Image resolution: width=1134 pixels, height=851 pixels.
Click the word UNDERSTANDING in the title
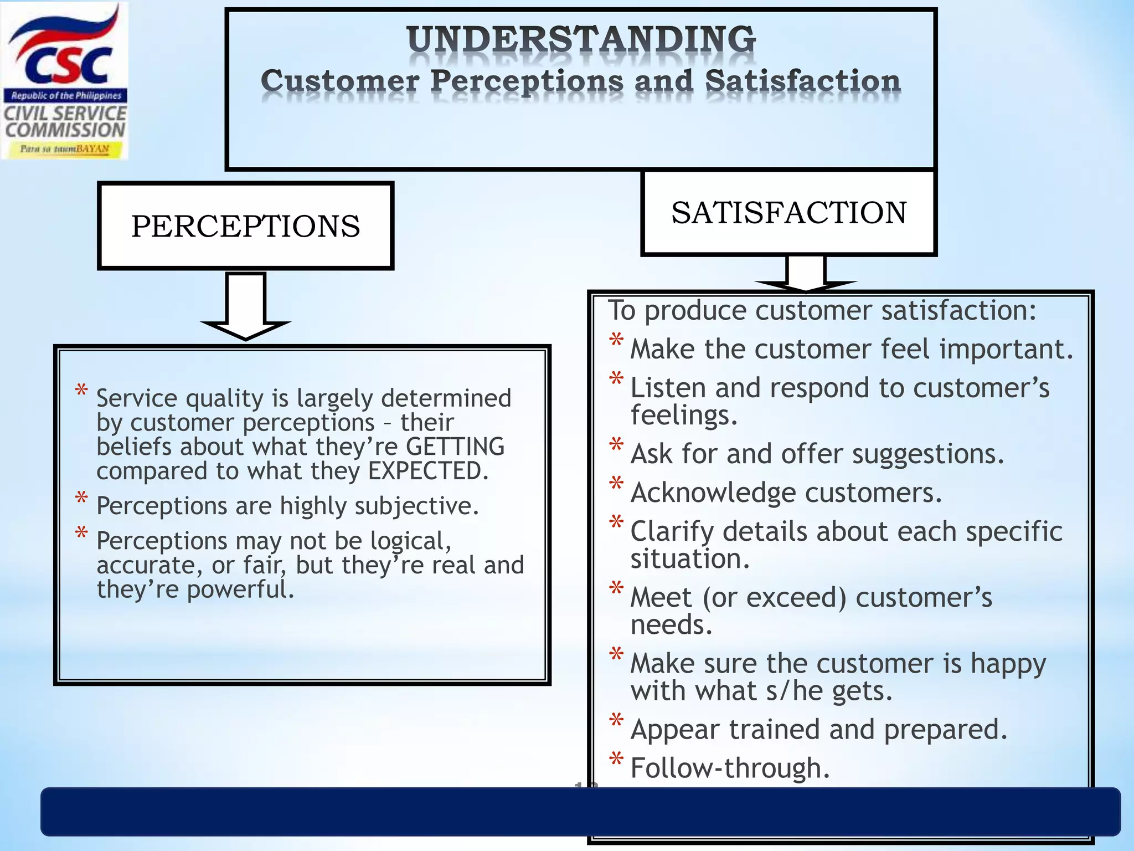tap(581, 40)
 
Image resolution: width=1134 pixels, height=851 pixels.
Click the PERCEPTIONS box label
tap(245, 226)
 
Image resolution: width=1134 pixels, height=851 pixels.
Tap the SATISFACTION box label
tap(788, 213)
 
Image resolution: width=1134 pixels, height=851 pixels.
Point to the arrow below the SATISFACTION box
tap(806, 274)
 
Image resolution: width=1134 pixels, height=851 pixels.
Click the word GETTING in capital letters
tap(455, 447)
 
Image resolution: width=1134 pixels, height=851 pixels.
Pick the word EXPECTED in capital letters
tap(427, 471)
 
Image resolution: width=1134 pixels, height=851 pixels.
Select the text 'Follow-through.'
tap(730, 768)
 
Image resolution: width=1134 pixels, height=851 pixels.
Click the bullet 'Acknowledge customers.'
tap(786, 493)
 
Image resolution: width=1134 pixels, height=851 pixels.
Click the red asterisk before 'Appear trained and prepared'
tap(616, 721)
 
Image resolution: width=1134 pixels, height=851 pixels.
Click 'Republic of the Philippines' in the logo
tap(66, 96)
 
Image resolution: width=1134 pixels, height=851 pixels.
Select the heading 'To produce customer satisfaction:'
tap(822, 310)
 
